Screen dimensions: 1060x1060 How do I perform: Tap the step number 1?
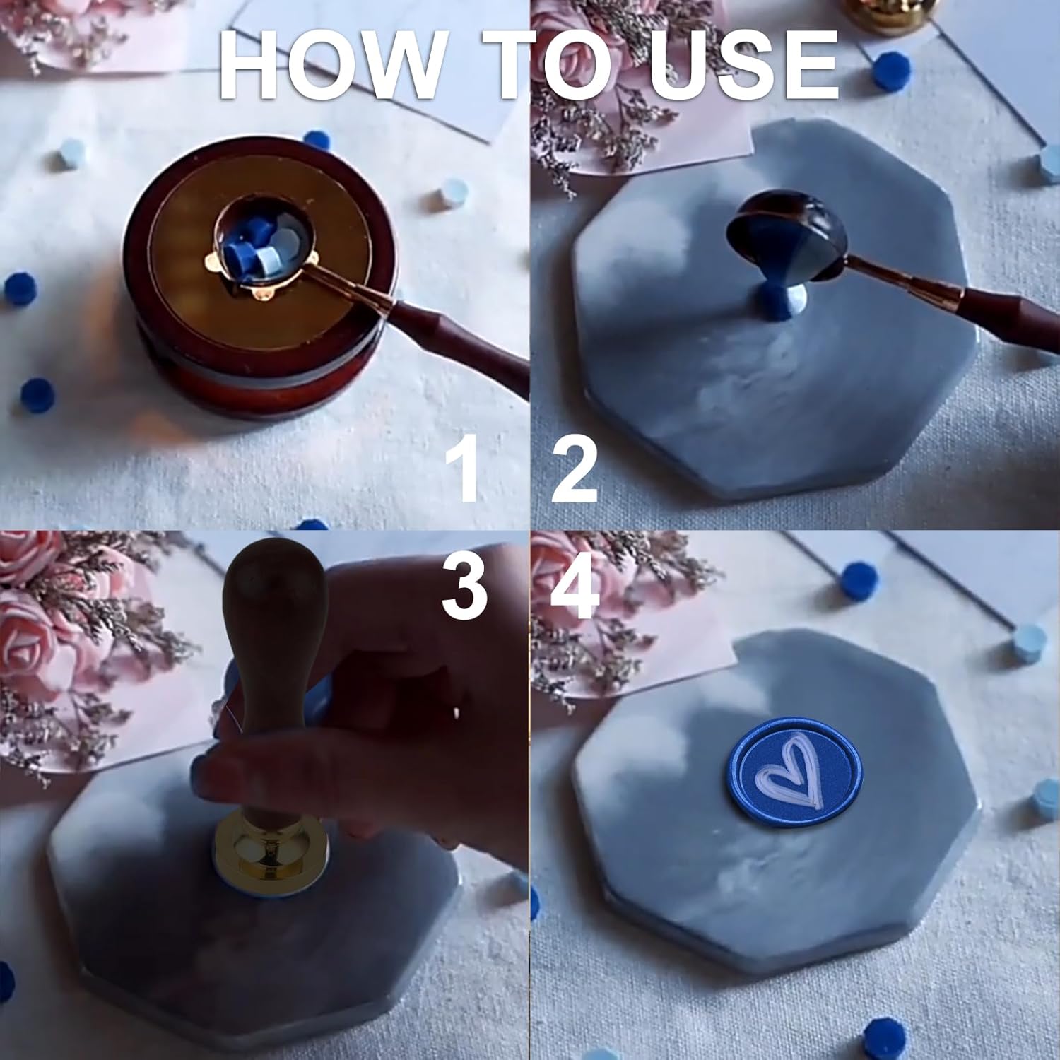coord(466,469)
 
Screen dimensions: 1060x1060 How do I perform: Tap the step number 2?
coord(575,469)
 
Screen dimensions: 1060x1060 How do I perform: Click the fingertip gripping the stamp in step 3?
coord(212,777)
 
